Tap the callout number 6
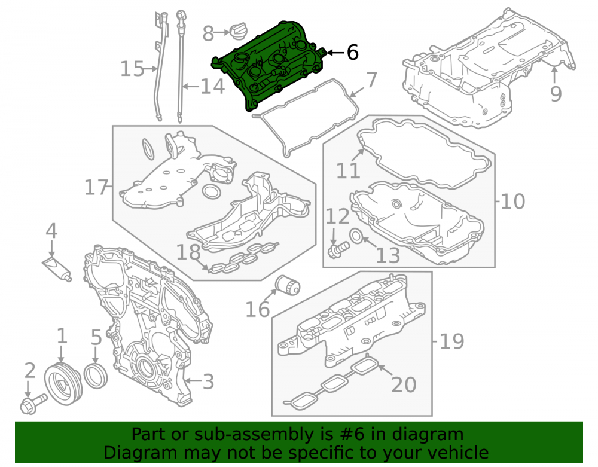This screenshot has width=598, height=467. tap(353, 52)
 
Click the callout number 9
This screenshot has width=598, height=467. tap(556, 94)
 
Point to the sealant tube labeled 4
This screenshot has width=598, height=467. tap(57, 268)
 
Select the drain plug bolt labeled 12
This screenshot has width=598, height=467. tap(338, 249)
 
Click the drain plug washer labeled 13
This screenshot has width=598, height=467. tap(356, 236)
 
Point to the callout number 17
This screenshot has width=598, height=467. tap(96, 188)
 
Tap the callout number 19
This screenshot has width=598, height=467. tap(452, 341)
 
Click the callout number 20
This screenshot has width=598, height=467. tap(404, 384)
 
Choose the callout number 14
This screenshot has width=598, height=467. tap(212, 87)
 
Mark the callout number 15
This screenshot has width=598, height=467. tap(132, 69)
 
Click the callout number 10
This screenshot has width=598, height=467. tap(512, 201)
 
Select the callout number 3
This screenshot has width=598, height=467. tap(208, 381)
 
